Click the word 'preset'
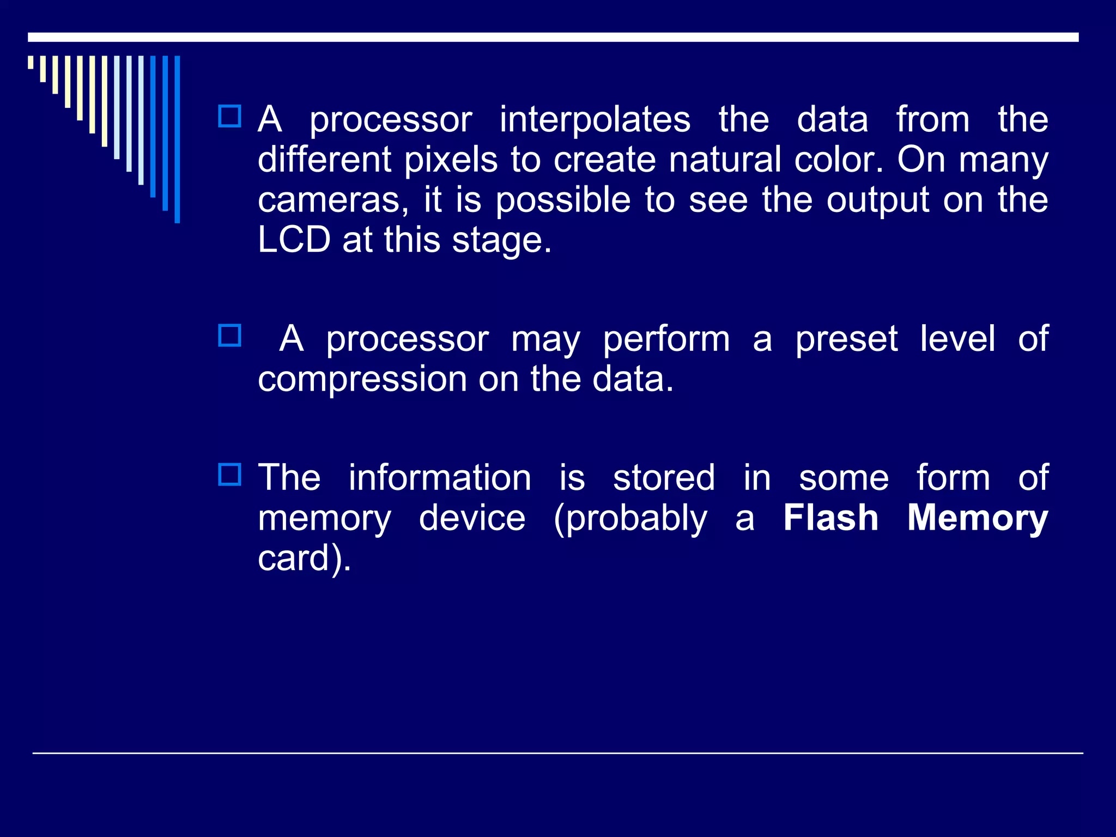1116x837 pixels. point(846,339)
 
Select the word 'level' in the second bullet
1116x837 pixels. point(957,339)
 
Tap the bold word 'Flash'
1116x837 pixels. point(831,518)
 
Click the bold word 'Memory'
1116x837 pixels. point(978,519)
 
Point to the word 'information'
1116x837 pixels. point(440,478)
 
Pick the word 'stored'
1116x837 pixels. point(664,478)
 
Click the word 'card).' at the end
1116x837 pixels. point(304,559)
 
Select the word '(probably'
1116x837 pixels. point(630,519)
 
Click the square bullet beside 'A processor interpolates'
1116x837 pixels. point(229,116)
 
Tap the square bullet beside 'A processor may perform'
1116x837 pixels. point(229,336)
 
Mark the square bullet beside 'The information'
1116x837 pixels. point(229,475)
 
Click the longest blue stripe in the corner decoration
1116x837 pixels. point(177,139)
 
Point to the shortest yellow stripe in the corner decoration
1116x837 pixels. point(31,62)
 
